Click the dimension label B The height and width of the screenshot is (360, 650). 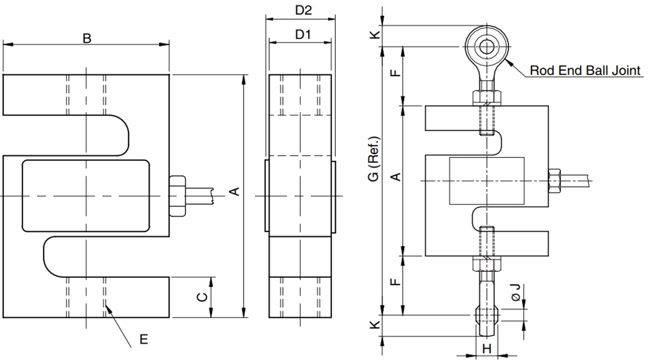coord(87,38)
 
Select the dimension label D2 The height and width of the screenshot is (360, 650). coord(303,10)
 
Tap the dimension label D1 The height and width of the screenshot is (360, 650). coord(303,35)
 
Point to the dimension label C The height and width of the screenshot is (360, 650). coord(202,297)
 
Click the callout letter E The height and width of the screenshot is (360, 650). coord(144,339)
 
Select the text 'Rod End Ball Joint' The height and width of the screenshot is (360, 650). coord(585,70)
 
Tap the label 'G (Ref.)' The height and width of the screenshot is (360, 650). coord(373,159)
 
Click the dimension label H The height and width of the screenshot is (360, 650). coord(486,349)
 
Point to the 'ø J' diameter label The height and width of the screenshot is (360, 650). coord(516,293)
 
